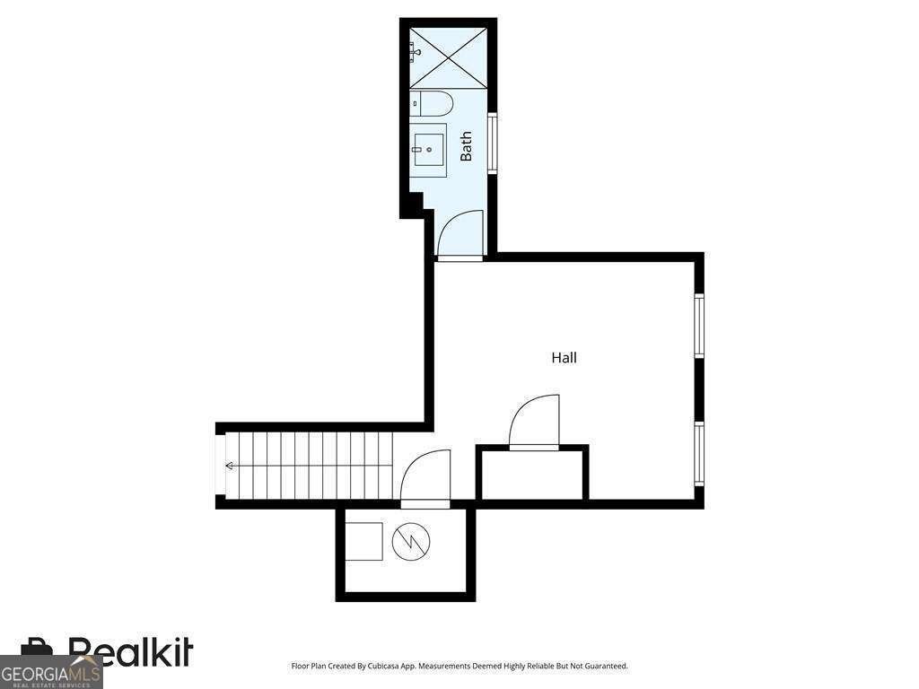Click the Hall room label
click(x=564, y=357)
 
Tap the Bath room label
click(x=466, y=146)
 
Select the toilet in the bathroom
click(x=432, y=104)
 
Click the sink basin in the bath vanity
click(x=428, y=150)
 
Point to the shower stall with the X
click(x=449, y=57)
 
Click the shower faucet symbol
click(x=416, y=52)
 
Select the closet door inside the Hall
click(x=533, y=423)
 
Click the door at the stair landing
click(x=425, y=477)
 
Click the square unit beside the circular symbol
click(x=363, y=541)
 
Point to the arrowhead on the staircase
click(x=229, y=466)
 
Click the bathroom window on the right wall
click(x=493, y=143)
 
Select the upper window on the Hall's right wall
click(x=698, y=326)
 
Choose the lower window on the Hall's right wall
click(x=698, y=453)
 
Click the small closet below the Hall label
click(x=533, y=474)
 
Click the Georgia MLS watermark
click(x=50, y=673)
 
